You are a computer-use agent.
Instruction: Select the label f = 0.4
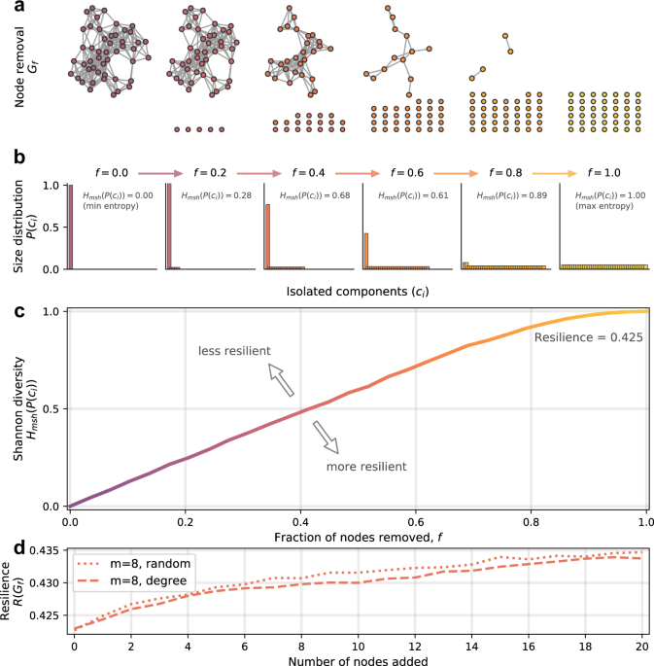click(x=310, y=172)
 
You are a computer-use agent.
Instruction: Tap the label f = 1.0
click(x=603, y=172)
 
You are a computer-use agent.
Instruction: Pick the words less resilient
click(x=233, y=350)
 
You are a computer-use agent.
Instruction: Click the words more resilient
click(x=367, y=467)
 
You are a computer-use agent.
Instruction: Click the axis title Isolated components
click(x=358, y=290)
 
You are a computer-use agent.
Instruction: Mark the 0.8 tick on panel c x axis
click(x=532, y=522)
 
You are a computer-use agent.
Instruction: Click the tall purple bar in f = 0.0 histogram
click(x=71, y=225)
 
